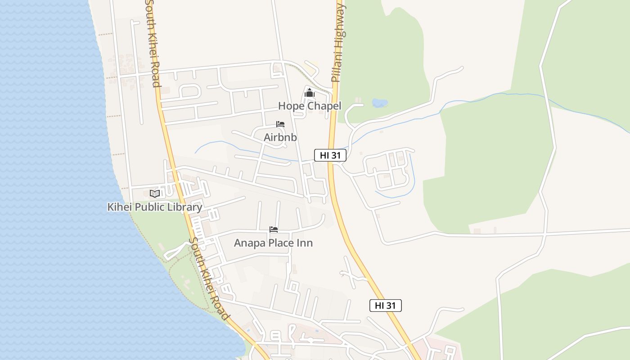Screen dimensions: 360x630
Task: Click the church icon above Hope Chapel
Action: pos(309,93)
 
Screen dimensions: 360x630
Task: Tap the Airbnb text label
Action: pos(280,137)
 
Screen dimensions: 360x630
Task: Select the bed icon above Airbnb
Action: pos(280,124)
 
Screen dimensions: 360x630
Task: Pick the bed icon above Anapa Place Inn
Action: pos(274,229)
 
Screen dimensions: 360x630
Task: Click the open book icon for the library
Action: pos(155,193)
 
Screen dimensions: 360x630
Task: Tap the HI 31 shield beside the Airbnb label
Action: pos(330,156)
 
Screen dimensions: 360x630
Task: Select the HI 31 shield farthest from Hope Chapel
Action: pos(386,306)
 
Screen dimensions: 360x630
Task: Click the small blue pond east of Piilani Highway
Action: pos(379,103)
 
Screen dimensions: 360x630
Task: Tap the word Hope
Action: pos(288,106)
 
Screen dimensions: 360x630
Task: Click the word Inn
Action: pos(305,243)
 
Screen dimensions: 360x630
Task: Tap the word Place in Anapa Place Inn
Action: pos(280,243)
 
